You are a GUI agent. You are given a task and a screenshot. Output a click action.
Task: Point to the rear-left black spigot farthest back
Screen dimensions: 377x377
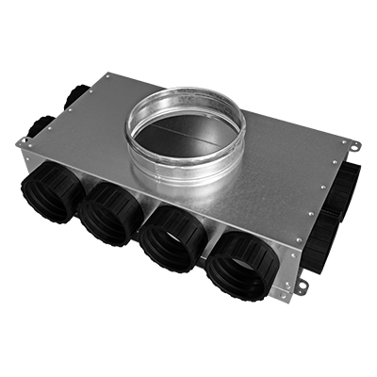click(75, 93)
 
